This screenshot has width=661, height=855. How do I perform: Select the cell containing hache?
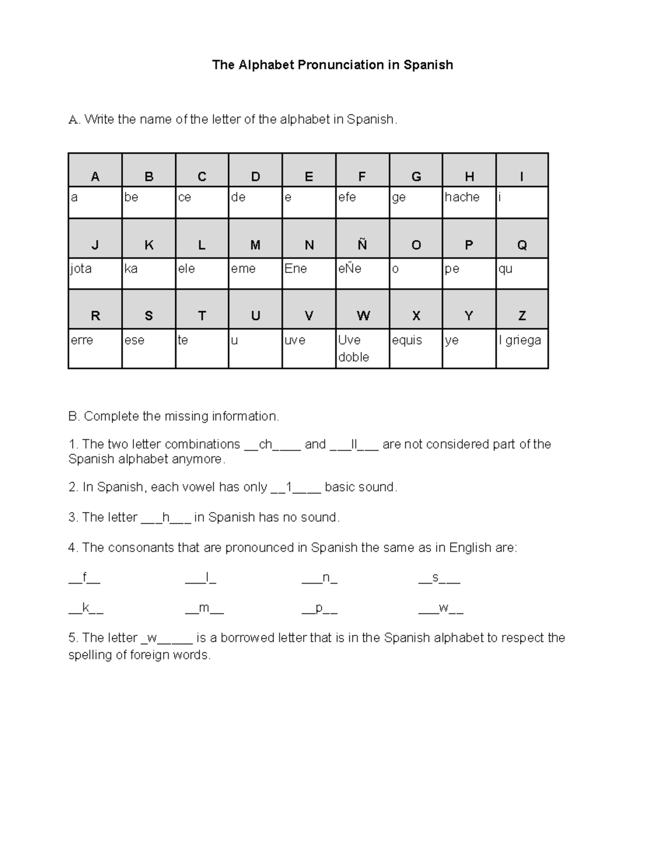point(469,203)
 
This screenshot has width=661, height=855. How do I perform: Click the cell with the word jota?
point(95,273)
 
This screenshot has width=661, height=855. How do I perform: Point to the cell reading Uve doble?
point(362,348)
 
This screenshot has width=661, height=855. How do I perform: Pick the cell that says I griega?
point(522,348)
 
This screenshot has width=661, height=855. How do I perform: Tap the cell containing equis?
point(415,348)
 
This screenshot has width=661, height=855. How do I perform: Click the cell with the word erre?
point(95,348)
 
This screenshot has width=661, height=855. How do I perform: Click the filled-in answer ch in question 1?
point(266,444)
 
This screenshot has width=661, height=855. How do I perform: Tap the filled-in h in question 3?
point(166,518)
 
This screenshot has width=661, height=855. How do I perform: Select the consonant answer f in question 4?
point(84,578)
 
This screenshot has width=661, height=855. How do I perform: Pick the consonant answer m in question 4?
point(204,608)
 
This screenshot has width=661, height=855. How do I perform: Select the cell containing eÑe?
point(362,273)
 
